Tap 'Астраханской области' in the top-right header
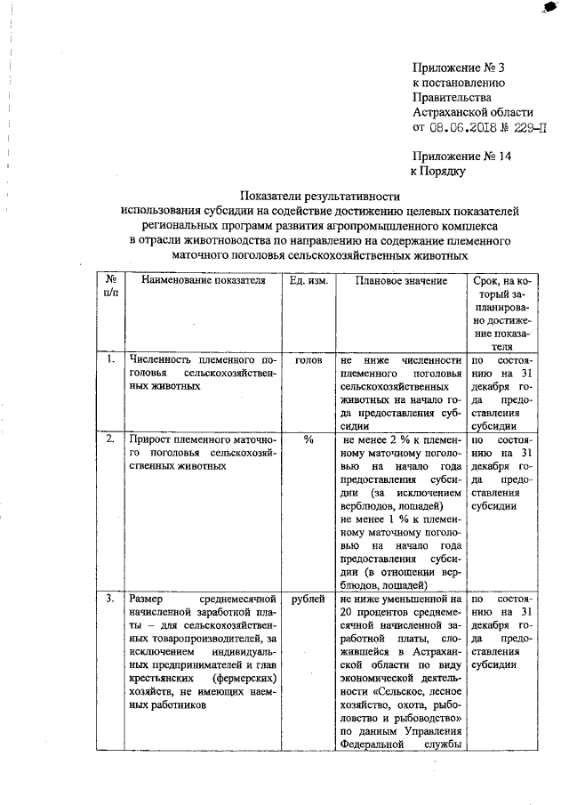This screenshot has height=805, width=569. [x=473, y=112]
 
